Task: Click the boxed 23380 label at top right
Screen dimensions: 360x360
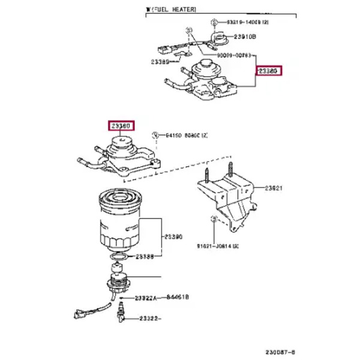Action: (269, 71)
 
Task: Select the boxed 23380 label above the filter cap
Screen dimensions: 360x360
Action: (121, 126)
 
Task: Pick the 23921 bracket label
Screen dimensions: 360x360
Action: (275, 188)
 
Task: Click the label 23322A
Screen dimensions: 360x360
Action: (146, 298)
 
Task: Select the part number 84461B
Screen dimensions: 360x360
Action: (178, 296)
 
